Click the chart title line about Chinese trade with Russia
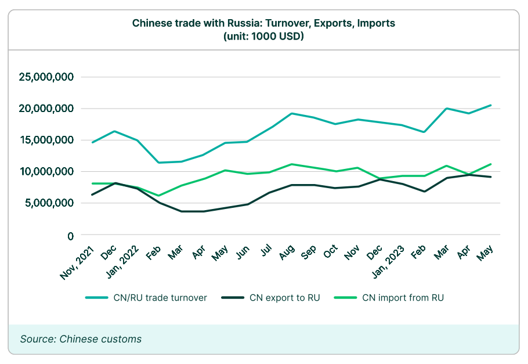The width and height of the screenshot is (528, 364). click(x=263, y=24)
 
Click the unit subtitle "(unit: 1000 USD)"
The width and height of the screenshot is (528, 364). click(x=263, y=36)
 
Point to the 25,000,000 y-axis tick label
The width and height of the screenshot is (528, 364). click(x=46, y=77)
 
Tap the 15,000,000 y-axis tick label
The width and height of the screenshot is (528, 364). click(x=46, y=140)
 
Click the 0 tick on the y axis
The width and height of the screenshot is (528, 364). click(x=70, y=236)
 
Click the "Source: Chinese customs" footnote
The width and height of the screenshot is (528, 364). click(x=81, y=338)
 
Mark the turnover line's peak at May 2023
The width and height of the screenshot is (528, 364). click(x=491, y=105)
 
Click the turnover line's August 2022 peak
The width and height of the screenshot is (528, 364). click(x=291, y=113)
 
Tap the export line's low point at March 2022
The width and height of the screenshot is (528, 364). click(x=181, y=211)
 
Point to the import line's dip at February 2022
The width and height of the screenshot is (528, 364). click(x=159, y=196)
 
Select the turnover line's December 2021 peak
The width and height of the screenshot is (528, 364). click(x=115, y=131)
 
